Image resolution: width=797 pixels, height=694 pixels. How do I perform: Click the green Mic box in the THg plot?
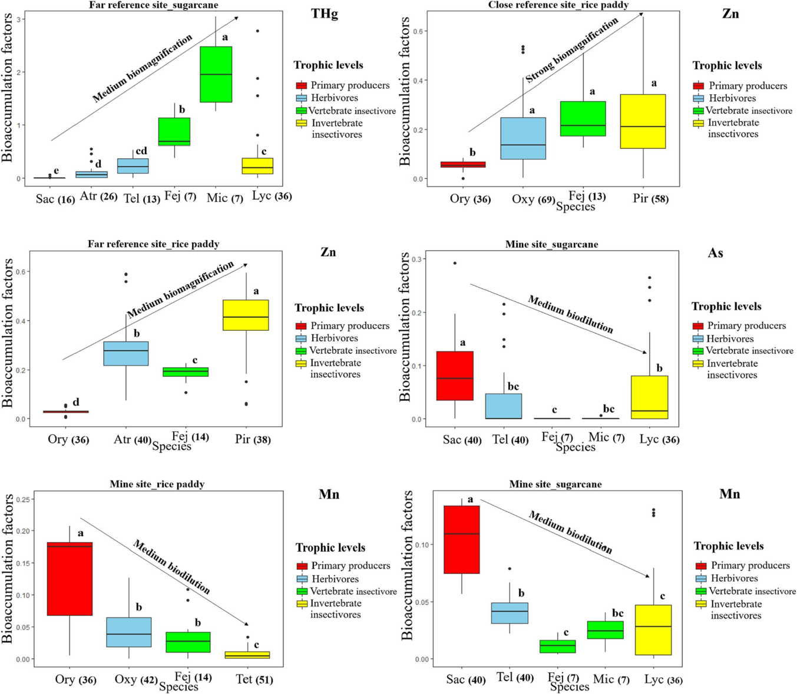point(216,74)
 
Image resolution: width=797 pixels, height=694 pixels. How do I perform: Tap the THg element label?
point(325,14)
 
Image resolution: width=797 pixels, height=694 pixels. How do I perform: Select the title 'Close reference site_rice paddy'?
point(558,5)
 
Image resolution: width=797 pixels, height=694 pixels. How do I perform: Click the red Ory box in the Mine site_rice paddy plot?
point(70,579)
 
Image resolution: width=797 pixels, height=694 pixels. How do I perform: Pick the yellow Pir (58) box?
point(643,121)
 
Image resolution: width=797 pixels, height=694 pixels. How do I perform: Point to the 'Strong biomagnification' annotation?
point(571,50)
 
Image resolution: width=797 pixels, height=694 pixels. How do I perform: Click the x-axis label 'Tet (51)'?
point(254,679)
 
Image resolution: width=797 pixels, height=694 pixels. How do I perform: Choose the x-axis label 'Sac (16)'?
point(55,199)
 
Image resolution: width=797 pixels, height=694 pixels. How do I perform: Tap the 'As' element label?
point(715,253)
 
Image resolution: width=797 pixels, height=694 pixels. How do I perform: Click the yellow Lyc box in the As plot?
point(649,397)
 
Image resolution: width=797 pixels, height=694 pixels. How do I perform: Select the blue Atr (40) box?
point(126,353)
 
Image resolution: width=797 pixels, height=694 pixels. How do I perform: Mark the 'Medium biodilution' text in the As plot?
point(570,314)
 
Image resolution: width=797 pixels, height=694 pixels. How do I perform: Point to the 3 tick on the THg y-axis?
point(19,19)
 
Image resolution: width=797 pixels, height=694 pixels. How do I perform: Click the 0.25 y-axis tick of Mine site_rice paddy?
point(24,499)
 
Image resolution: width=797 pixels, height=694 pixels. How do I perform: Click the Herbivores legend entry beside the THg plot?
point(334,98)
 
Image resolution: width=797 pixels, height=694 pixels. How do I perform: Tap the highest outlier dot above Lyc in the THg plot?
point(257,31)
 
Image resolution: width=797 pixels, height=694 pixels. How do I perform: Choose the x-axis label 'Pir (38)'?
point(253,439)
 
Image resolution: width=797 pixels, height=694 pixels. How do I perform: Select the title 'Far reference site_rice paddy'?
point(153,244)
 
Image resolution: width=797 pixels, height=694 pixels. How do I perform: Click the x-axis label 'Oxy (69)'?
point(533,199)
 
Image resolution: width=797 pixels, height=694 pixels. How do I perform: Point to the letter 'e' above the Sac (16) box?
point(56,171)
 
